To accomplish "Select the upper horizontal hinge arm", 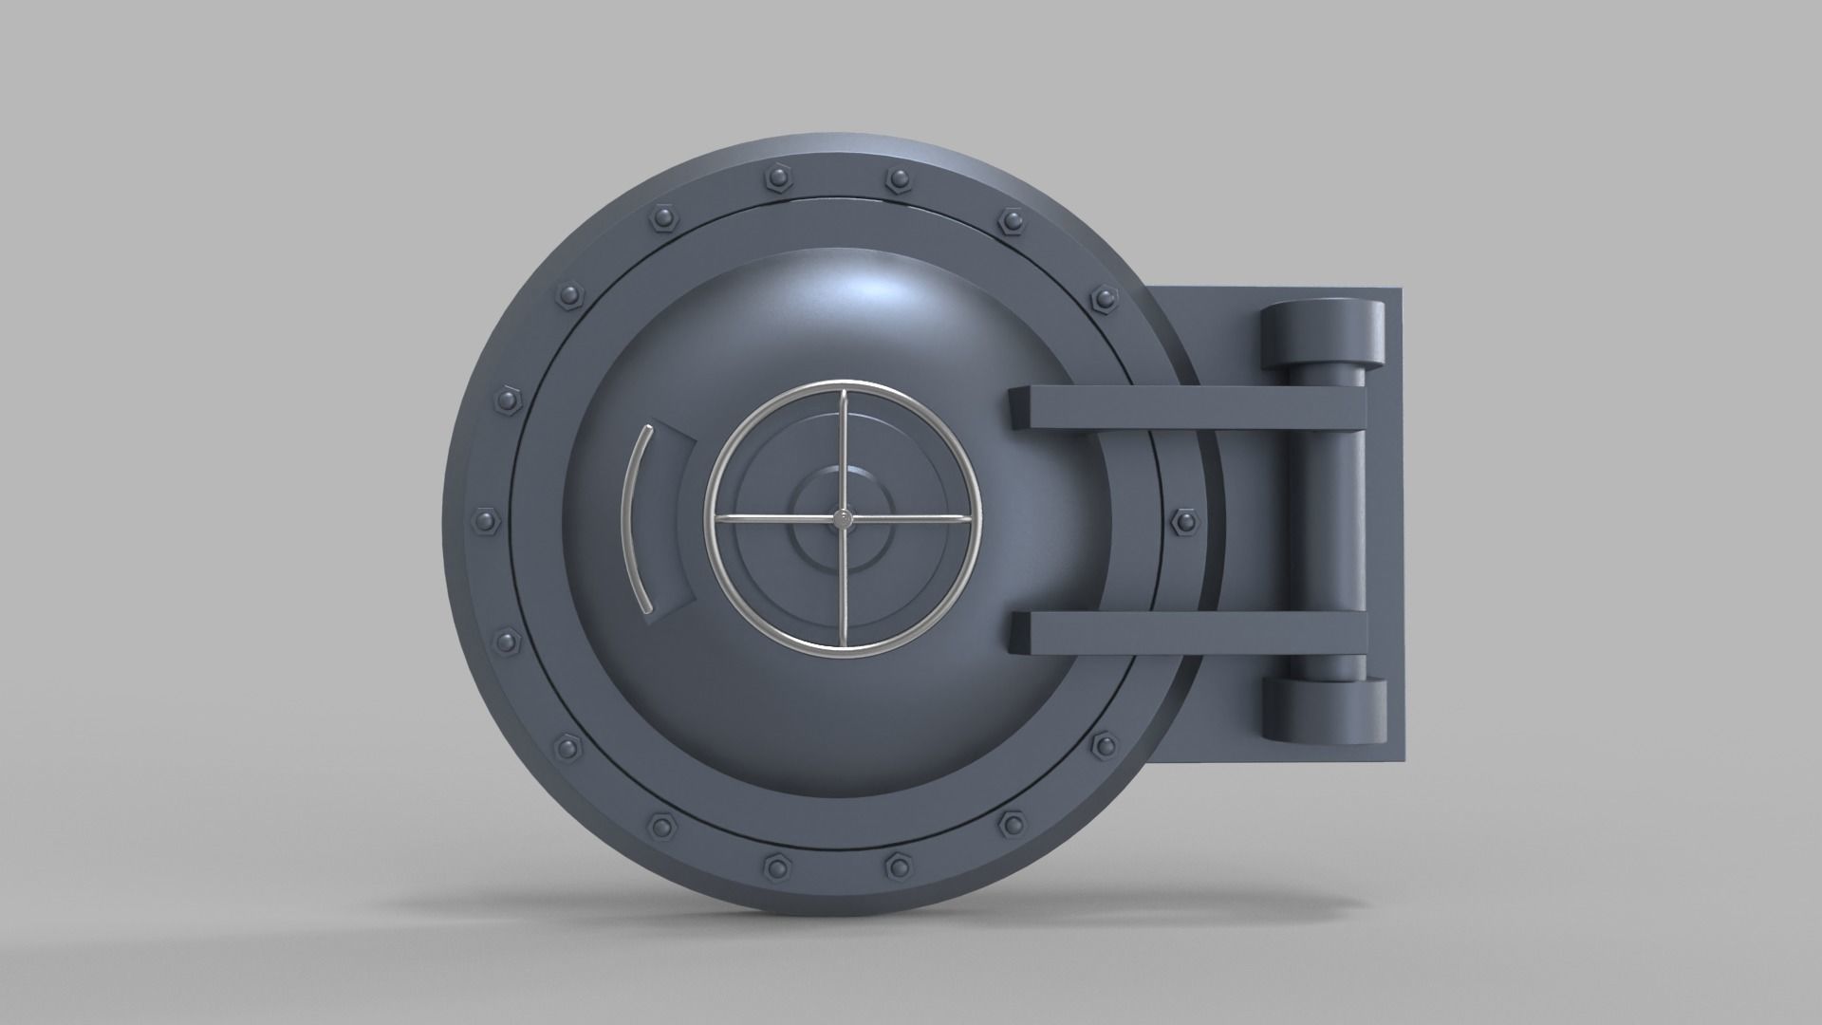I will coord(1186,409).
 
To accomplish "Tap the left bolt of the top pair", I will coord(773,177).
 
